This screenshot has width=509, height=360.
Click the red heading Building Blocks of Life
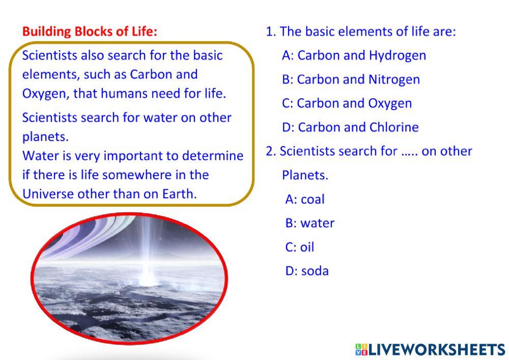pos(90,32)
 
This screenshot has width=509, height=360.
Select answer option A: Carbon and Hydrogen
pos(354,56)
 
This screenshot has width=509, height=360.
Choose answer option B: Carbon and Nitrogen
pos(351,79)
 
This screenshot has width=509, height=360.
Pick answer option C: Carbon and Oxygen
pos(347,103)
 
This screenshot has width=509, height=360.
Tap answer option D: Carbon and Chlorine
pos(350,127)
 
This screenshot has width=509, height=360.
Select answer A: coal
pos(304,199)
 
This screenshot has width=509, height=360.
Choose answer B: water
pos(309,223)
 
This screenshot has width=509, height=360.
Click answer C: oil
pos(300,247)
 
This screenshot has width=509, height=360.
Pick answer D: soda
pos(307,271)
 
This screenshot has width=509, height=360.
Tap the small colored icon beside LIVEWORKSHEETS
pos(361,349)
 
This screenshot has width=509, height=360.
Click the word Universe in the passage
pos(48,194)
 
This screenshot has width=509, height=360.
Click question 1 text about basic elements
pos(361,32)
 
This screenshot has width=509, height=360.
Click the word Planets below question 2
pos(305,175)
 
